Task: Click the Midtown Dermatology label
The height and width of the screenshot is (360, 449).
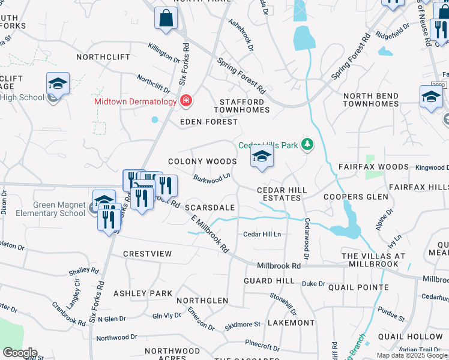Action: pos(134,101)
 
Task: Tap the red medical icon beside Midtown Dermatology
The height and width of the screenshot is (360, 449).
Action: pos(186,101)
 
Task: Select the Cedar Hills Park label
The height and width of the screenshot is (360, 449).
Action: pos(268,145)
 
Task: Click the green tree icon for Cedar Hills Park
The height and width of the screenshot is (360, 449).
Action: pos(307,144)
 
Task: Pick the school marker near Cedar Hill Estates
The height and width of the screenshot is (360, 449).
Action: pos(262,157)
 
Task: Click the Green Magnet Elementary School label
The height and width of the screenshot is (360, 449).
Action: pos(59,209)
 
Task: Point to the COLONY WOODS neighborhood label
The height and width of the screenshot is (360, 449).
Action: pos(202,161)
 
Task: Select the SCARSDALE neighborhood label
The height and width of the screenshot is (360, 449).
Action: pos(209,207)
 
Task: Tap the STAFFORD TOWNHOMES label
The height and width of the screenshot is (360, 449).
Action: pos(242,106)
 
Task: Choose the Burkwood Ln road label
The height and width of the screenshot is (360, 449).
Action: pos(212,179)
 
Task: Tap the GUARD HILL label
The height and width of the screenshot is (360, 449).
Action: pos(269,280)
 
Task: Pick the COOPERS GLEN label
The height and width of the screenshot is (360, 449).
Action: pos(352,197)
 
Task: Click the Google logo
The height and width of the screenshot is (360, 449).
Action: pos(20,353)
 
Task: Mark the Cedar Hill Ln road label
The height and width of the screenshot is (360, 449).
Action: pos(262,235)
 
